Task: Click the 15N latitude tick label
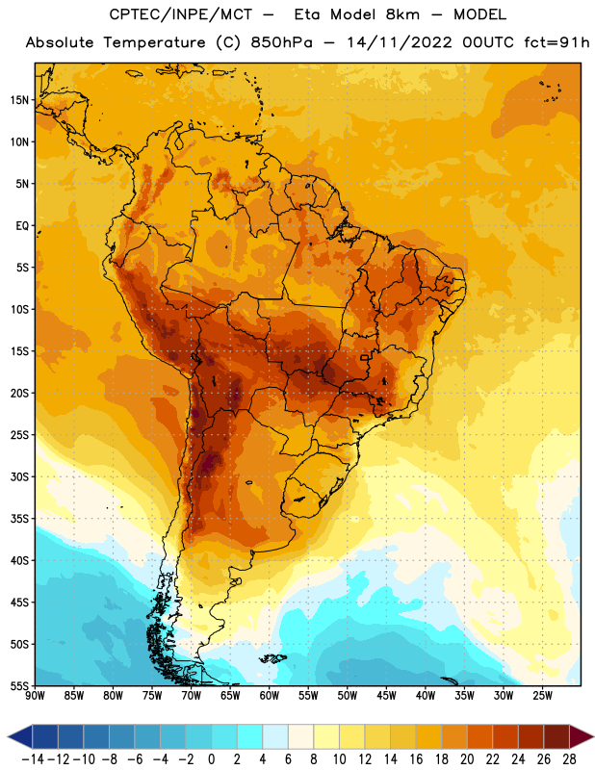pos(19,100)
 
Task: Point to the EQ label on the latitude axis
pos(22,226)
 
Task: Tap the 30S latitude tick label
pos(19,476)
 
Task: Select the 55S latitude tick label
pos(19,686)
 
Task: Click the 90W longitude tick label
pos(35,696)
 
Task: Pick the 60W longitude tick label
pos(270,696)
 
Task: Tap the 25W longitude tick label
pos(542,696)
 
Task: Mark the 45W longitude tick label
pos(386,696)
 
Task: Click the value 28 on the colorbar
pos(569,759)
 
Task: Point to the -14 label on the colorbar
pos(33,759)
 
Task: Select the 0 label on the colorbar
pos(212,759)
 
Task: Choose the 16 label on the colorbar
pos(416,759)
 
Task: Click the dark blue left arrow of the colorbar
pos(20,736)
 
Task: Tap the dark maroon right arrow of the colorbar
pos(582,736)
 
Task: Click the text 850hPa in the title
pos(281,42)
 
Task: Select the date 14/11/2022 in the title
pos(399,42)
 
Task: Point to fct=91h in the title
pos(556,42)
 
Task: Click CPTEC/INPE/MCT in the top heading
pos(180,14)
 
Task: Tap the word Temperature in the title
pos(154,43)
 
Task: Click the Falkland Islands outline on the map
pos(273,658)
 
